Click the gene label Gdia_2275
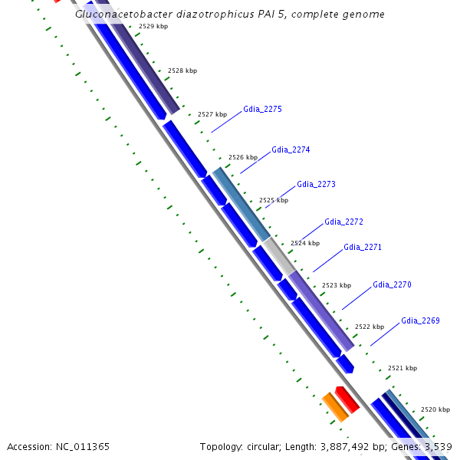262,109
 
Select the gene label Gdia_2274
291,149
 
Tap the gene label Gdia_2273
316,185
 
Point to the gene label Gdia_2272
343,222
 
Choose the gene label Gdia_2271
363,247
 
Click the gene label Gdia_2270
392,284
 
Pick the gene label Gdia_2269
420,320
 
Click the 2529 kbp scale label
153,26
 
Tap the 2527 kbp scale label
212,114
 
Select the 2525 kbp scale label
274,200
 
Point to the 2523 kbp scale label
336,285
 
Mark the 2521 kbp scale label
402,368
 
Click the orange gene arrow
335,406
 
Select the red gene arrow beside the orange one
347,399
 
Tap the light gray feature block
280,256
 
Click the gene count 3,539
437,446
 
